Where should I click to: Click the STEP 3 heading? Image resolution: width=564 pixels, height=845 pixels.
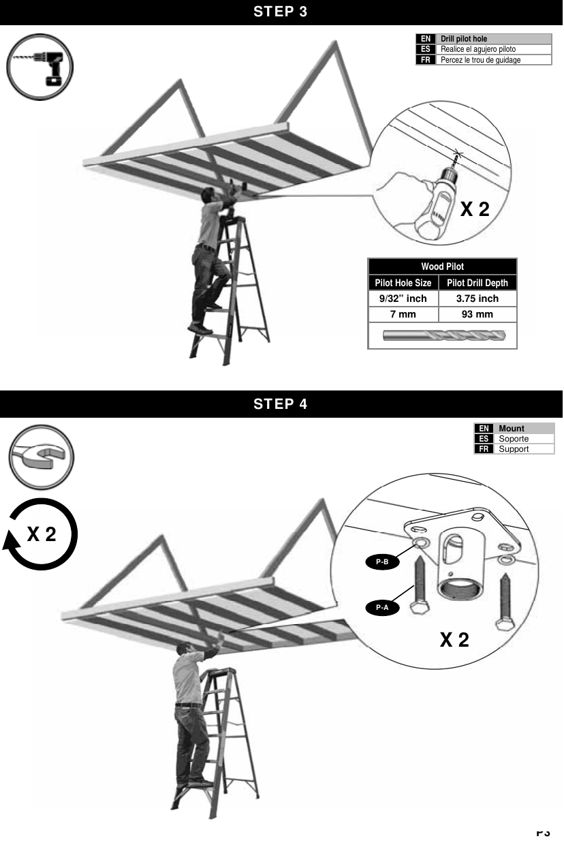(x=281, y=12)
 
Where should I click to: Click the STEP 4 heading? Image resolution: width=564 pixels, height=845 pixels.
(x=281, y=404)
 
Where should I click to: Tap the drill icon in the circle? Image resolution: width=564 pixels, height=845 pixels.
(x=40, y=66)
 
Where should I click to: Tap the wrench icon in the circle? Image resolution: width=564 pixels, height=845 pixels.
(x=41, y=457)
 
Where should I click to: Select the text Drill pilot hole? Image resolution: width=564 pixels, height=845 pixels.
(x=464, y=39)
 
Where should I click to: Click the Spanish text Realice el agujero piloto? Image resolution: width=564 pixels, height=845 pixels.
(x=477, y=49)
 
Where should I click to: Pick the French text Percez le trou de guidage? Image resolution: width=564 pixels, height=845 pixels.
(x=480, y=60)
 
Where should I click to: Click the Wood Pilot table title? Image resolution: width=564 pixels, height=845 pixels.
(x=442, y=266)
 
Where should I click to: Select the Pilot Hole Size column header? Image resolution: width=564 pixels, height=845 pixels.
(x=403, y=283)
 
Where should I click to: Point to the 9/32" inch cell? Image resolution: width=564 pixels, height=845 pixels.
(x=403, y=298)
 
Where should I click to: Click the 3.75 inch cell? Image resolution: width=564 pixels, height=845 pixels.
(x=477, y=298)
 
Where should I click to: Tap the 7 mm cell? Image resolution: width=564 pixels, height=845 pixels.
(x=403, y=314)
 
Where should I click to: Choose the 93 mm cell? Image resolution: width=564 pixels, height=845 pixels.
(x=477, y=314)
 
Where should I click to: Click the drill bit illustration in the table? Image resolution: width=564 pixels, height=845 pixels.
(x=443, y=335)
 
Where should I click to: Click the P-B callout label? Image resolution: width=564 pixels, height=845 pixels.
(x=382, y=562)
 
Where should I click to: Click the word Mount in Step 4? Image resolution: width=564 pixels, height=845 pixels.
(x=512, y=429)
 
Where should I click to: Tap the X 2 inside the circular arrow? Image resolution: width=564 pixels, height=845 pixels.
(x=42, y=535)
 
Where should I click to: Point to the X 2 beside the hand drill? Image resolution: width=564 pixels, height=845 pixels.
(x=475, y=209)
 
